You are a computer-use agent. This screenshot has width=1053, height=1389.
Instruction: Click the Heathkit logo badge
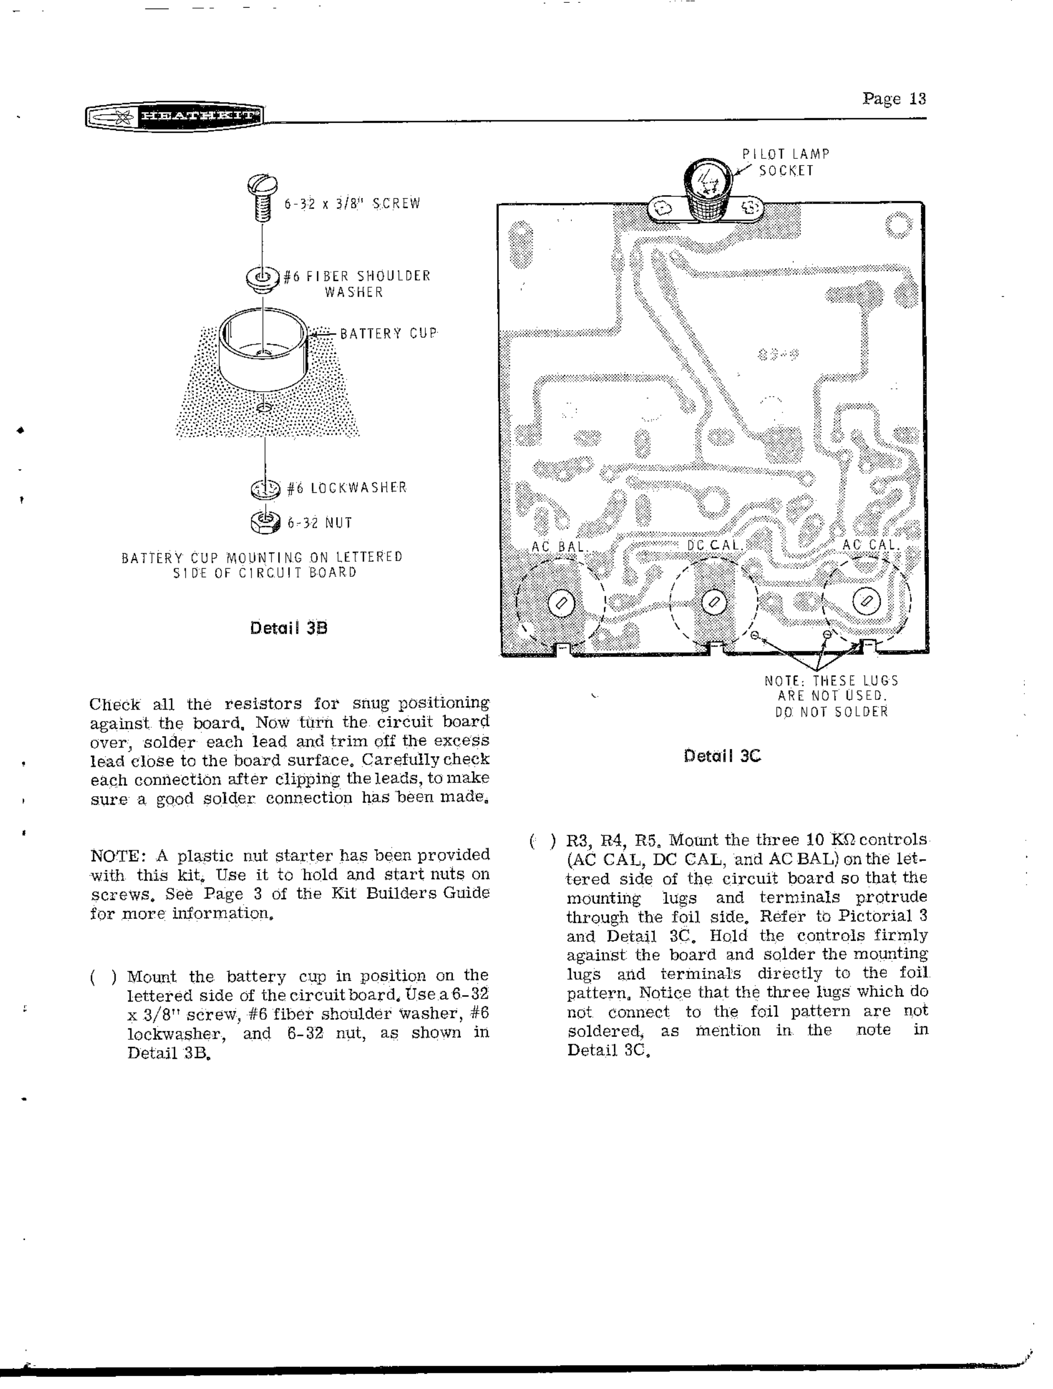(174, 117)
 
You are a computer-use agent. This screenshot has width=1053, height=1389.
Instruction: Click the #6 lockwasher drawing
(265, 488)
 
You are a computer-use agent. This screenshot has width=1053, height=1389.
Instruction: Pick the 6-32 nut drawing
(266, 522)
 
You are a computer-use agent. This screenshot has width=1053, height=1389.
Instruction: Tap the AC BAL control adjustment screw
(561, 603)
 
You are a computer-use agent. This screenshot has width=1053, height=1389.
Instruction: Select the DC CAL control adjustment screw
(713, 603)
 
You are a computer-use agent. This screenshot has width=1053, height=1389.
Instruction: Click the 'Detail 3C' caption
(722, 756)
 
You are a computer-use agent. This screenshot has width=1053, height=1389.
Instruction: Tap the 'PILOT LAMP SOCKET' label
(786, 163)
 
